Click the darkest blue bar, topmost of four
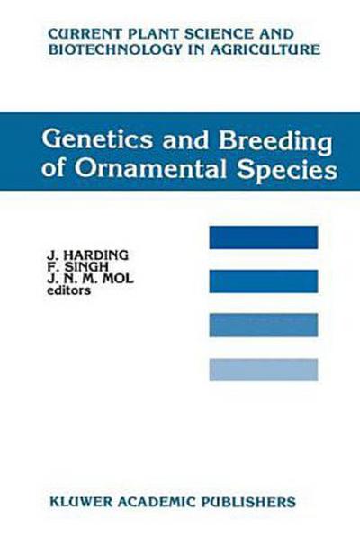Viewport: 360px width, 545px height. [x=263, y=237]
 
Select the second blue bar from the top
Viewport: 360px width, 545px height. [x=263, y=281]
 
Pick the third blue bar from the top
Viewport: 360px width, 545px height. [x=263, y=325]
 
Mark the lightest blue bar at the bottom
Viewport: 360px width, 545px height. [x=263, y=369]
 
